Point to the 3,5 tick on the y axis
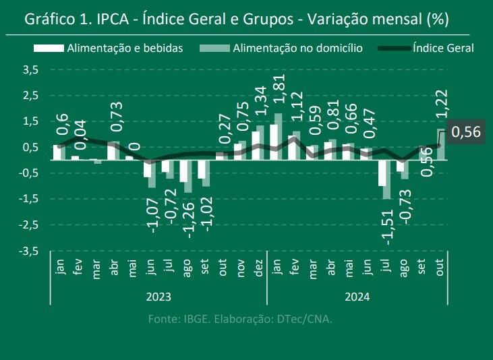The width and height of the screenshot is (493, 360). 31,69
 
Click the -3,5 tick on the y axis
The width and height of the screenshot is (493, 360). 30,251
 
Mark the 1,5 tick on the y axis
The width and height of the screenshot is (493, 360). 31,121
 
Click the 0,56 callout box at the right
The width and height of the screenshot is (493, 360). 465,132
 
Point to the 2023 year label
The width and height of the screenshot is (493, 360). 159,297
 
